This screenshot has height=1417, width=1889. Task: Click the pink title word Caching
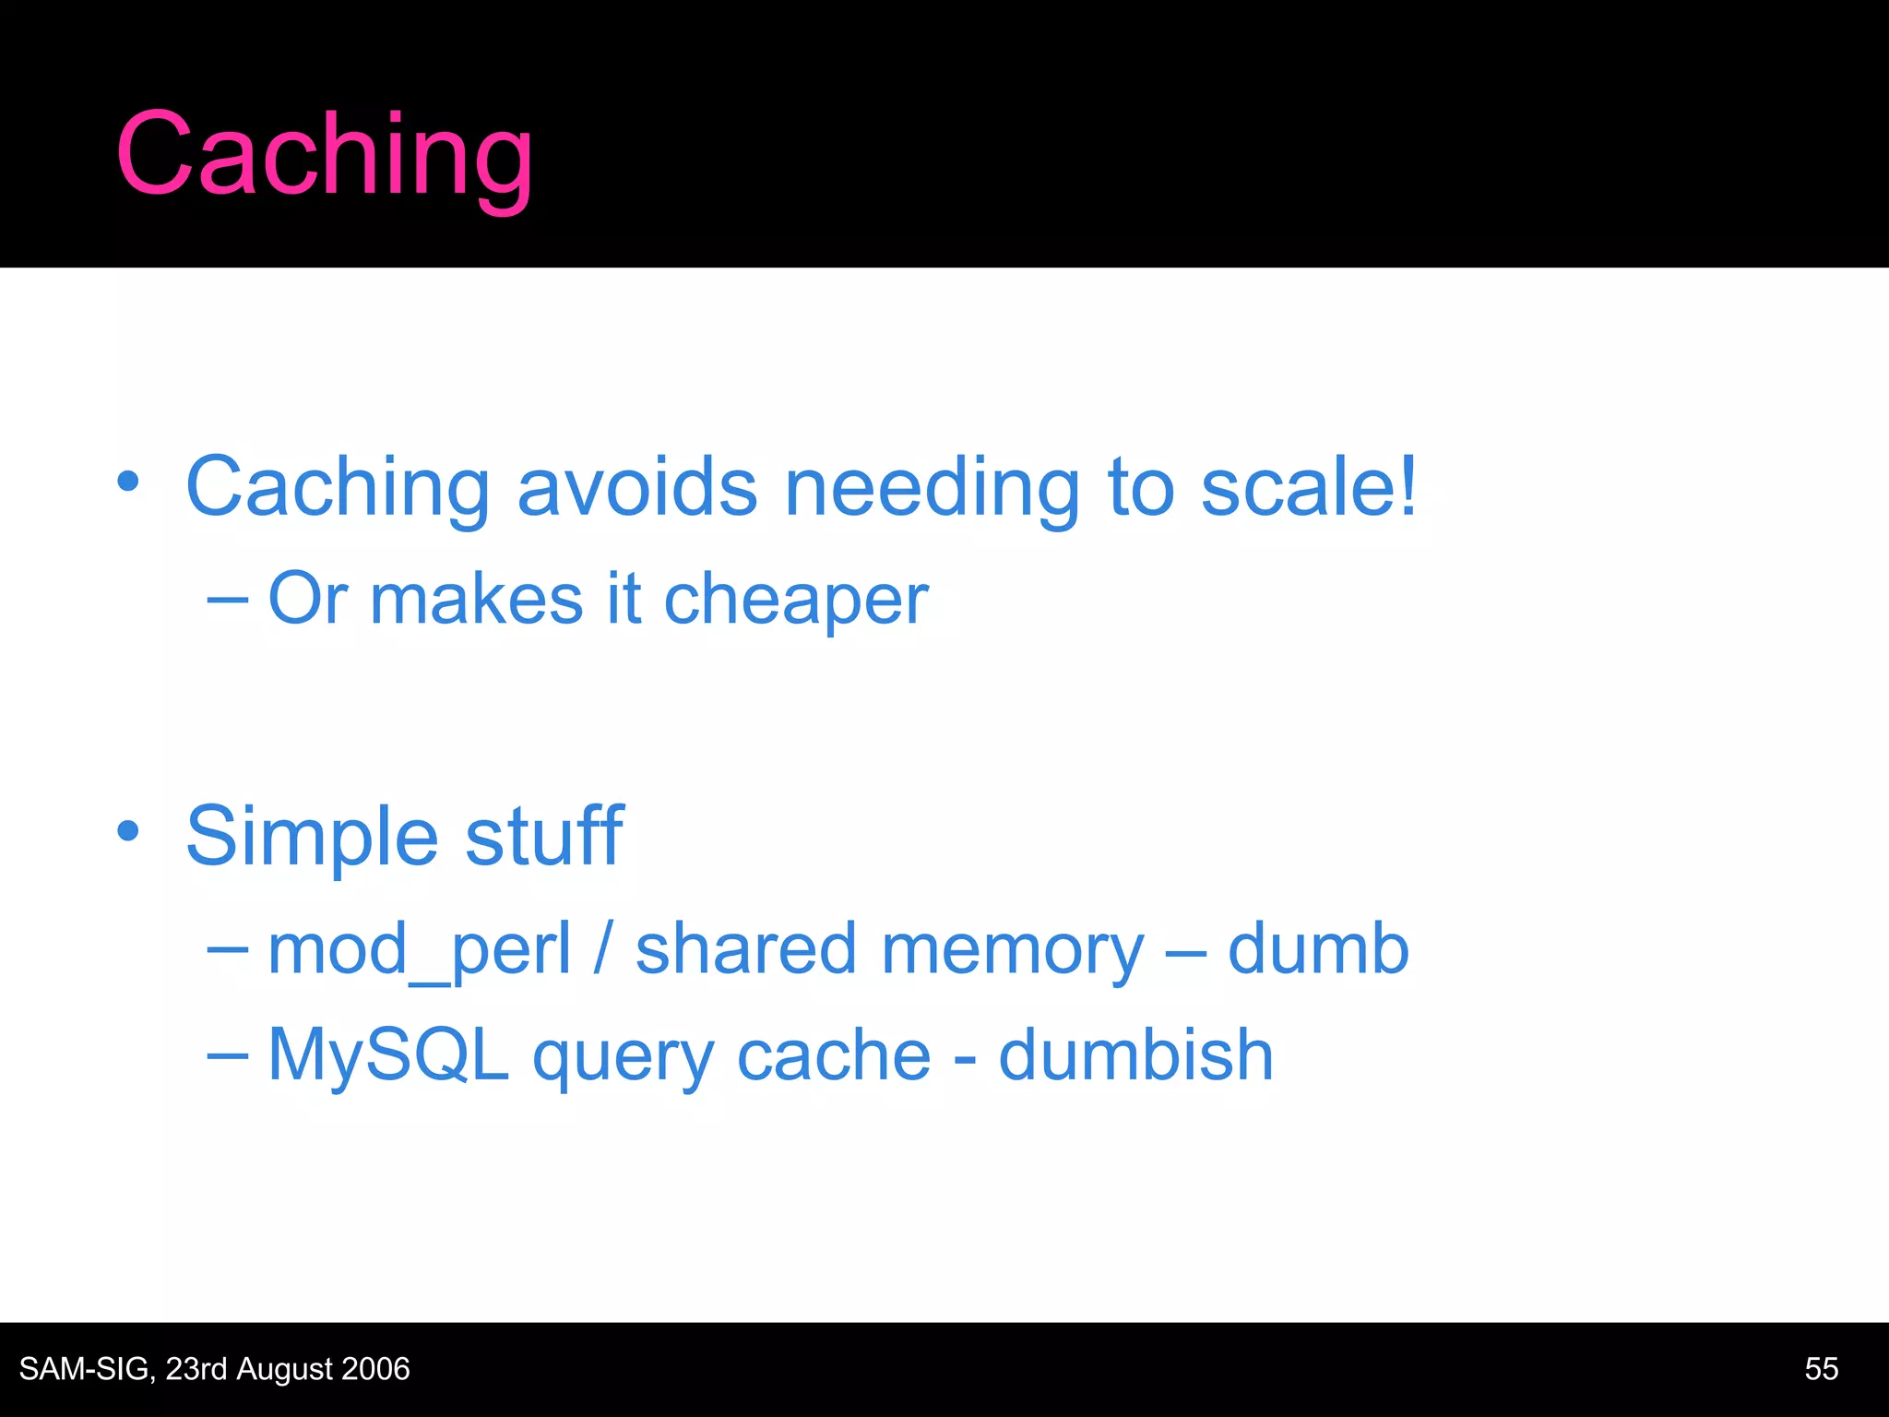[x=325, y=155]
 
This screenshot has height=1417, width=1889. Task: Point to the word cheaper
[x=796, y=600]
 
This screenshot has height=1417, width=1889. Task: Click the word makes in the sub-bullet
[x=477, y=600]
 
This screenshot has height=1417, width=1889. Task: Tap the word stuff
[x=544, y=836]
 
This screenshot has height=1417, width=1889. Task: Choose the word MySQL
[x=388, y=1054]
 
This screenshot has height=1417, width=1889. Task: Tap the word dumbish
[x=1135, y=1054]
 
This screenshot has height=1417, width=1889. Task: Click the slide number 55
[x=1821, y=1369]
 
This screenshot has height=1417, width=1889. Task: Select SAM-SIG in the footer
[x=86, y=1369]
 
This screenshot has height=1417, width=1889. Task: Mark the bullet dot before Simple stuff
[x=128, y=830]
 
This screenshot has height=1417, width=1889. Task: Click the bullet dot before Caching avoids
[x=128, y=481]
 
